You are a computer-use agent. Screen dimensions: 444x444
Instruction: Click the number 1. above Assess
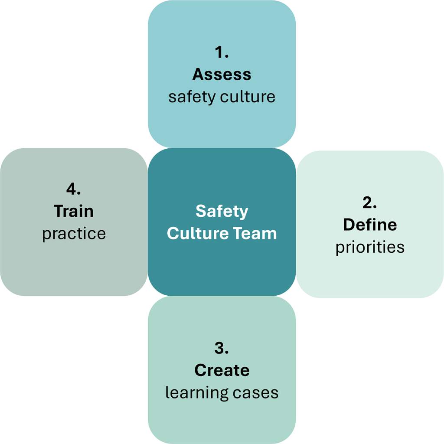222,52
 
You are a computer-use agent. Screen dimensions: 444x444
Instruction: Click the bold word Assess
222,74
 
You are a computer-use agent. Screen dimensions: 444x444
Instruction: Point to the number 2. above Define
369,202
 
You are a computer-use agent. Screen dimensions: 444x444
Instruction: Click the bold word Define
369,225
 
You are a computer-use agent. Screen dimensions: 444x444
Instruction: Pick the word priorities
369,247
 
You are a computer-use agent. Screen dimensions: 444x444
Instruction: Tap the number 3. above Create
222,348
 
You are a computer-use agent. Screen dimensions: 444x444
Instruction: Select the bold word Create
222,370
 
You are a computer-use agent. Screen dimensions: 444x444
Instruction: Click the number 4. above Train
74,189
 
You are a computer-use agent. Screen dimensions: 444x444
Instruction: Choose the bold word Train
74,211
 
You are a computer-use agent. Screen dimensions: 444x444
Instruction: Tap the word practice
74,234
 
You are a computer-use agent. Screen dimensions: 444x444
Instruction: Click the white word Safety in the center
222,211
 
